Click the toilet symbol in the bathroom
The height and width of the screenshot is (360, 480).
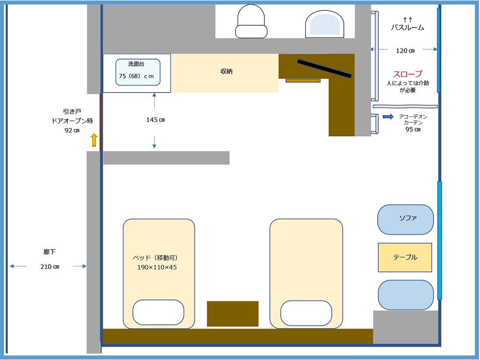click(x=251, y=22)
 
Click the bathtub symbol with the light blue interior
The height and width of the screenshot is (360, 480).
click(x=324, y=24)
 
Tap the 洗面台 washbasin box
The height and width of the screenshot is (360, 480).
click(x=138, y=72)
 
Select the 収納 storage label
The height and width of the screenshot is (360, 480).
click(x=227, y=72)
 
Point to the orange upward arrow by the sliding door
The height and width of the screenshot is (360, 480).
click(x=94, y=140)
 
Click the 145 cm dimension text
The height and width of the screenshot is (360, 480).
click(x=156, y=120)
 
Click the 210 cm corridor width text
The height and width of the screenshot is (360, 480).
click(x=49, y=266)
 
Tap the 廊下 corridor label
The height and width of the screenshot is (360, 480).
click(x=49, y=252)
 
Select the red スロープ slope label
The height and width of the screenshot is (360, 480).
click(x=408, y=74)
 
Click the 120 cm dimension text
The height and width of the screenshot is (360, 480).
click(x=405, y=51)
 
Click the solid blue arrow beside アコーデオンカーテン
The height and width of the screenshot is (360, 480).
click(x=388, y=117)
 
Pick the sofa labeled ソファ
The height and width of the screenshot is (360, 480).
click(x=406, y=219)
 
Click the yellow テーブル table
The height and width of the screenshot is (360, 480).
click(x=405, y=257)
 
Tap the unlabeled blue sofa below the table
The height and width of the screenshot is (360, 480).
click(x=406, y=295)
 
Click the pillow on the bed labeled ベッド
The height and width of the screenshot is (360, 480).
click(x=158, y=312)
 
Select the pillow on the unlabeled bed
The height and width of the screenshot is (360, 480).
click(x=306, y=313)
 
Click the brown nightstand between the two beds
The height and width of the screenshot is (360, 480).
click(x=233, y=314)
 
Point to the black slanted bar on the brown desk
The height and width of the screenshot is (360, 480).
click(x=324, y=69)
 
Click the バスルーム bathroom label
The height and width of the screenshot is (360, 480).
click(x=408, y=27)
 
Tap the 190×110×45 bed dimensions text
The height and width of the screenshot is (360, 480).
click(x=157, y=267)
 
